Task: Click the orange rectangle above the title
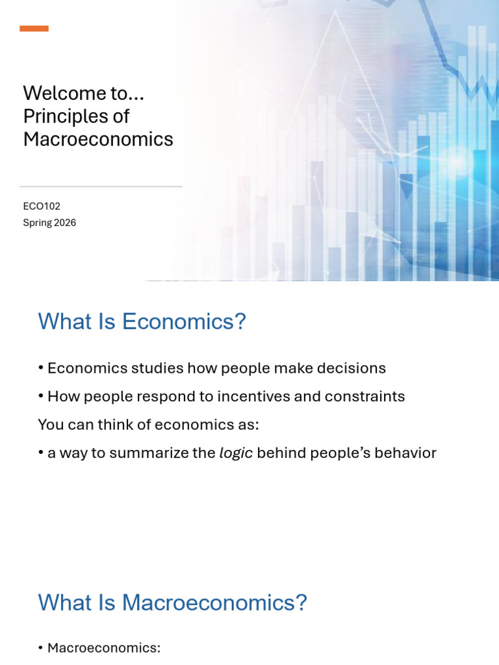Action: (34, 29)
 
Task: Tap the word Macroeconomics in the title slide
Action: (98, 139)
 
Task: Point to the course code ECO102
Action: (42, 206)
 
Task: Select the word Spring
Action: (36, 223)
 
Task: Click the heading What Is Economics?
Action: (142, 321)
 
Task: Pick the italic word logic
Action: (236, 453)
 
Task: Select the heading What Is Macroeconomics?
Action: (172, 603)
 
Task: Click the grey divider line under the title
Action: (101, 186)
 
